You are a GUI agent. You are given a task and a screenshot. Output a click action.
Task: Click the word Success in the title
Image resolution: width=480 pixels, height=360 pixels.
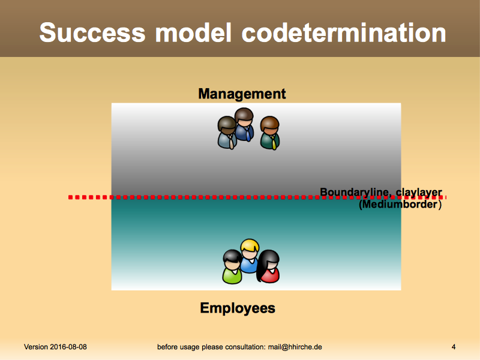pos(92,32)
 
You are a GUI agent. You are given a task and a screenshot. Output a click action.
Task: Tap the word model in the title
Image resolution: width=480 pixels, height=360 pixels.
pos(193,32)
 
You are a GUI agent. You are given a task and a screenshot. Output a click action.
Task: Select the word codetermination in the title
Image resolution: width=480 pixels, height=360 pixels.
pos(343,32)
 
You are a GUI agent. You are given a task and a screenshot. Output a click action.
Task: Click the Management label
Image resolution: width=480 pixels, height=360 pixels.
pos(242,94)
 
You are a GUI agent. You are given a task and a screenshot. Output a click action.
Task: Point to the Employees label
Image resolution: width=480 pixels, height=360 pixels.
pos(238,308)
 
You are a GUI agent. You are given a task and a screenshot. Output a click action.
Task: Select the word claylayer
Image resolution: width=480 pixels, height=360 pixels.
pos(419,193)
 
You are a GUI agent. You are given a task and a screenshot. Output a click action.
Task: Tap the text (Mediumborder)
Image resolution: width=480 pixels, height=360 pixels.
pos(400,204)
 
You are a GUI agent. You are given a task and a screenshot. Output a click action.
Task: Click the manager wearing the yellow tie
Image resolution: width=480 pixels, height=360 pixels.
pos(269,133)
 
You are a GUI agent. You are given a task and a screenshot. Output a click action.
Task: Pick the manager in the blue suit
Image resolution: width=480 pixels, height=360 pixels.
pos(244,124)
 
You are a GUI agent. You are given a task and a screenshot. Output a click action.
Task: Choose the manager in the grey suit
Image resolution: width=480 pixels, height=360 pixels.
pos(227,133)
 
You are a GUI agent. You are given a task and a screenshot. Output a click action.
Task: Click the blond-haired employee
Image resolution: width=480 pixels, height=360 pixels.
pos(250,256)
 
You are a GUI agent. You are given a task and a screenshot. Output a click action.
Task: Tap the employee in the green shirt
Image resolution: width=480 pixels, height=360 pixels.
pos(232,267)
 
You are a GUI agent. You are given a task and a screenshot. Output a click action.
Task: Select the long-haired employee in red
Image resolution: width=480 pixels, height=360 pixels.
pos(268,266)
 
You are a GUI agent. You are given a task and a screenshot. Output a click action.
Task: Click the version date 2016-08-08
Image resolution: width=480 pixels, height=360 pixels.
pos(68,347)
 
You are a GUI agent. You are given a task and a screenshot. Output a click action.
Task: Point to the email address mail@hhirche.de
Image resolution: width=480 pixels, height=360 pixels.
pos(295,347)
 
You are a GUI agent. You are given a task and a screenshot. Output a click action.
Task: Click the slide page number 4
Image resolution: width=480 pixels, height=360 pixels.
pos(454,347)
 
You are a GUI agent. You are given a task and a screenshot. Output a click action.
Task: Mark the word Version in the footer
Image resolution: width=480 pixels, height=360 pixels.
pos(36,347)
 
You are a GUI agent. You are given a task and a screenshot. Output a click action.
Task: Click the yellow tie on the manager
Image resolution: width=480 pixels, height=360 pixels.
pos(274,144)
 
